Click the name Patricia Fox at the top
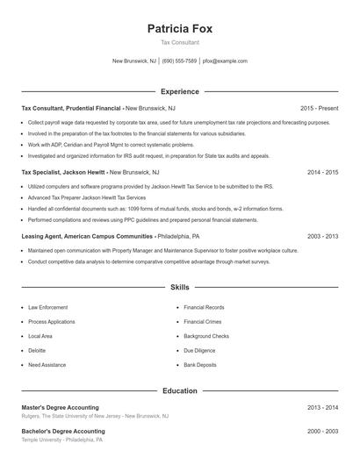[x=180, y=28]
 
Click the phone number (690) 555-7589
[x=179, y=61]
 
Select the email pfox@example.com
[x=225, y=61]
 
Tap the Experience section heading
[x=180, y=91]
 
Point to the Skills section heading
[x=180, y=287]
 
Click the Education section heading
[x=180, y=390]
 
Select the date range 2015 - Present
[x=319, y=108]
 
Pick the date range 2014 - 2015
[x=323, y=173]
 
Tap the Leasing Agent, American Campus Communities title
[x=87, y=237]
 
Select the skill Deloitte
[x=38, y=350]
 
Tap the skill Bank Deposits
[x=201, y=364]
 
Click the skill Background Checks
[x=206, y=336]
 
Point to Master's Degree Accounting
[x=60, y=408]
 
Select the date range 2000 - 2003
[x=323, y=432]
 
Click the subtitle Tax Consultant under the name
[x=180, y=42]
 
